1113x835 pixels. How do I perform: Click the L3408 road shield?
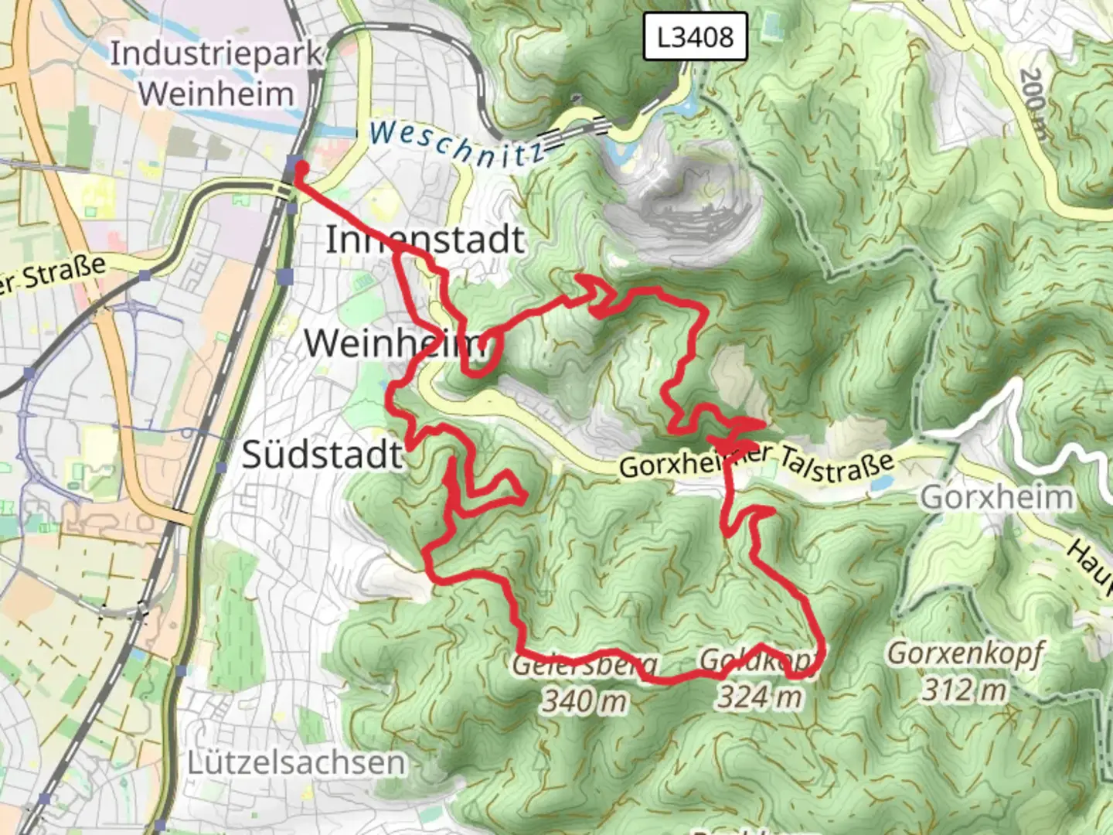pyautogui.click(x=695, y=36)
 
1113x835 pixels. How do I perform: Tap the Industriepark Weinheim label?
pyautogui.click(x=215, y=74)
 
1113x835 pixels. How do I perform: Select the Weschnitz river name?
pyautogui.click(x=456, y=142)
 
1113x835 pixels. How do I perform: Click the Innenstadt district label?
pyautogui.click(x=424, y=240)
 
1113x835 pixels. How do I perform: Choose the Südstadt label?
pyautogui.click(x=322, y=455)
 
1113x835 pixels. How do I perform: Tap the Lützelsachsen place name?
pyautogui.click(x=296, y=762)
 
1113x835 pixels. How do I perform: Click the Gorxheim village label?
pyautogui.click(x=997, y=497)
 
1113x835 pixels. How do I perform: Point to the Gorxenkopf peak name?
pyautogui.click(x=964, y=654)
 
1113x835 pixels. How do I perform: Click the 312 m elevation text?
pyautogui.click(x=964, y=690)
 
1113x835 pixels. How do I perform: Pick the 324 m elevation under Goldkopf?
pyautogui.click(x=759, y=697)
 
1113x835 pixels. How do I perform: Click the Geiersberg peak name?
pyautogui.click(x=584, y=664)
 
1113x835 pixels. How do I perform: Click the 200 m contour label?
pyautogui.click(x=1034, y=104)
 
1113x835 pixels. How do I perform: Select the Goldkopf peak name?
pyautogui.click(x=757, y=660)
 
